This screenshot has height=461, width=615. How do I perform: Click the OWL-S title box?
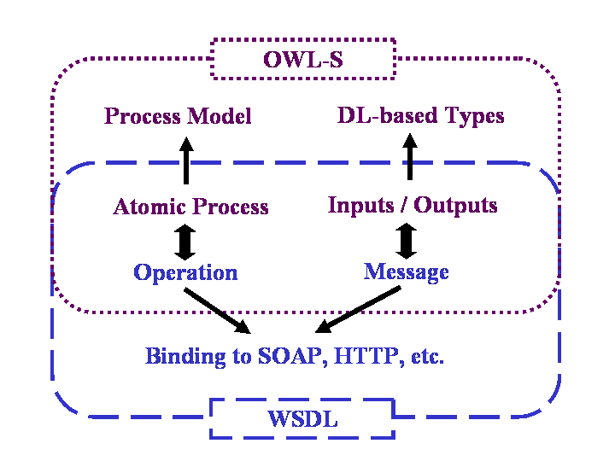[302, 60]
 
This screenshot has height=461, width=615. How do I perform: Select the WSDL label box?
[302, 419]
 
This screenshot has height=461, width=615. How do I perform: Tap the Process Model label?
[178, 116]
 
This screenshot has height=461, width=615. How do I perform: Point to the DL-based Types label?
[421, 115]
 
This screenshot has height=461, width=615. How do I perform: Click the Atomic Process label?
[190, 207]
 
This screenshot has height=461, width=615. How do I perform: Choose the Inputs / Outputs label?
[413, 205]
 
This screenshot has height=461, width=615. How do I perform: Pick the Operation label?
[185, 272]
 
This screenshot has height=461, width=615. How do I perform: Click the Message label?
[407, 271]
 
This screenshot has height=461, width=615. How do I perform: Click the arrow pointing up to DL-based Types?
[409, 158]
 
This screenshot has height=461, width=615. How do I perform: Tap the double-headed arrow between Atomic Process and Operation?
[185, 242]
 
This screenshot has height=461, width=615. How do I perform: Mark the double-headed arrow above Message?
[407, 240]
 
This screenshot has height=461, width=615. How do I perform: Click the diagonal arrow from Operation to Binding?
[216, 310]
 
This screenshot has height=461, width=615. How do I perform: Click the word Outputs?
[455, 205]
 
